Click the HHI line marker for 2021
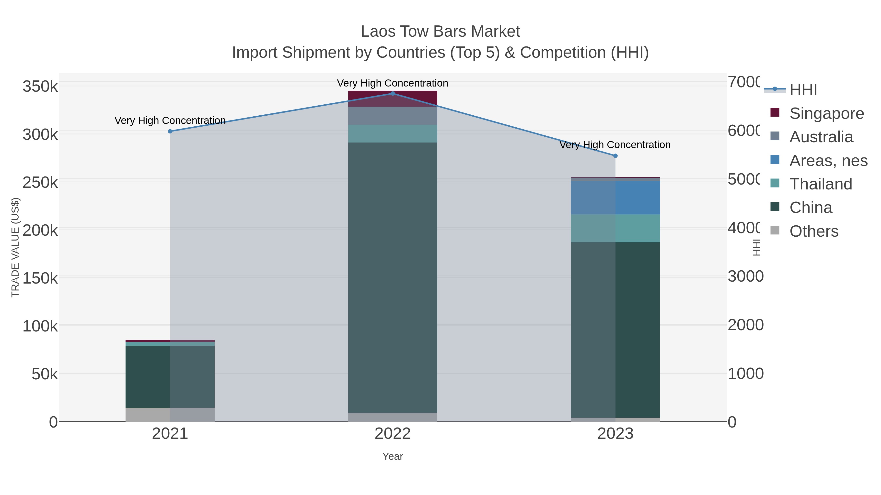pos(170,131)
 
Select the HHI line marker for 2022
pos(393,94)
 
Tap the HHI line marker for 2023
pos(615,156)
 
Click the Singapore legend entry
pos(826,113)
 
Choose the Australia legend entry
pos(821,137)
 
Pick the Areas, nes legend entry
pos(828,161)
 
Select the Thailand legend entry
pos(821,184)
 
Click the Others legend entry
pos(814,231)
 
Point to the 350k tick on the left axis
pos(40,87)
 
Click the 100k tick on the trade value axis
pos(40,326)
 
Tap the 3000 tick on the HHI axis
pos(745,276)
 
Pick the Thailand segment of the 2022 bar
pos(393,133)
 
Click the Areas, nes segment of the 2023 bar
pos(615,198)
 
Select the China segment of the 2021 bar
pos(170,376)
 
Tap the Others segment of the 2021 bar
pos(170,414)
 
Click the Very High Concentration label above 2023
pos(614,145)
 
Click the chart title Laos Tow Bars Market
pos(440,32)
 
